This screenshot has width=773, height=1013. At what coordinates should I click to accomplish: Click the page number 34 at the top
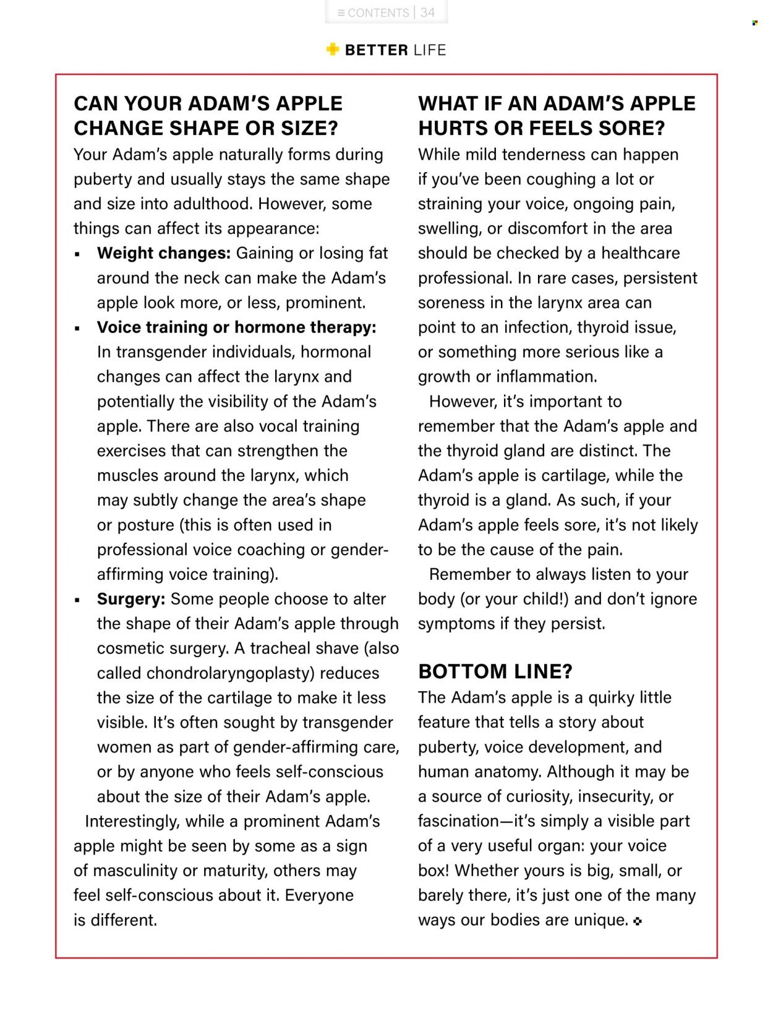point(427,12)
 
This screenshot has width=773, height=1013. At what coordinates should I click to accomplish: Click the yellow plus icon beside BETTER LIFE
point(333,50)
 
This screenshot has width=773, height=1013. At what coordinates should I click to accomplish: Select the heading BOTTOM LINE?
point(495,671)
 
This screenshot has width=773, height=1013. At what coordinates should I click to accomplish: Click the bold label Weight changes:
point(163,253)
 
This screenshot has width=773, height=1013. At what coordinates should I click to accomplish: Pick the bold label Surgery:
point(130,599)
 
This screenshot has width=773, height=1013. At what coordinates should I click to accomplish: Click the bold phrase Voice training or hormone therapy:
point(236,327)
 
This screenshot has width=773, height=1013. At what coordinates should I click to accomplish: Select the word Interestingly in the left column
point(132,821)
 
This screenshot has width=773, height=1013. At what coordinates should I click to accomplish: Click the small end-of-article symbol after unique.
point(638,921)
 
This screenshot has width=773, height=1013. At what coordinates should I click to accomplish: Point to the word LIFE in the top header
point(430,50)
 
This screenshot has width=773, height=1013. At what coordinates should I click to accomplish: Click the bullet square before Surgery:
point(77,600)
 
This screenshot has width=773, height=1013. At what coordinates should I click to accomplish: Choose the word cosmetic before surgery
point(129,649)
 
